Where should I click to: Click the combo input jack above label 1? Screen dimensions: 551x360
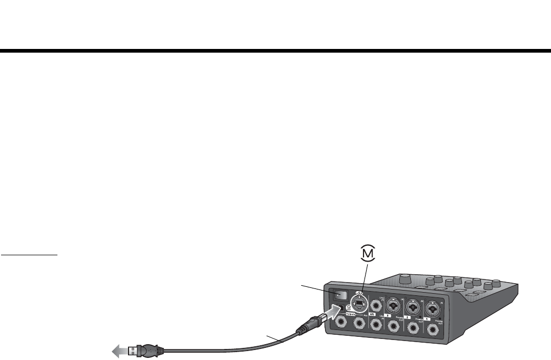[x=432, y=305]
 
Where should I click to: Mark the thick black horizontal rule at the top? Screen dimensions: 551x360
[x=275, y=51]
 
